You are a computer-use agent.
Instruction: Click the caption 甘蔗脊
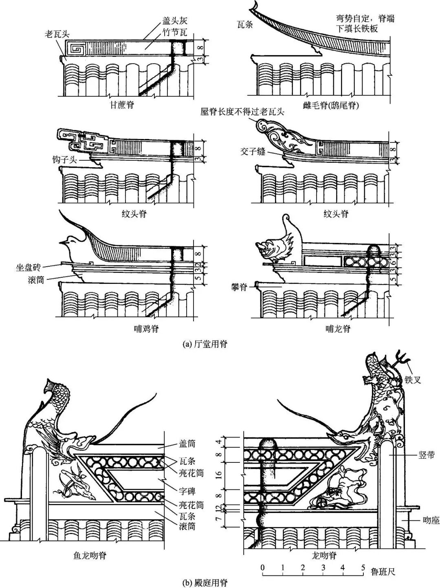coord(122,104)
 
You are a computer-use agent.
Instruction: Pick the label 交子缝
coord(253,152)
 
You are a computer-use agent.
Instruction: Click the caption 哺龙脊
coord(338,329)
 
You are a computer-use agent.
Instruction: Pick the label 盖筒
coord(187,447)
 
